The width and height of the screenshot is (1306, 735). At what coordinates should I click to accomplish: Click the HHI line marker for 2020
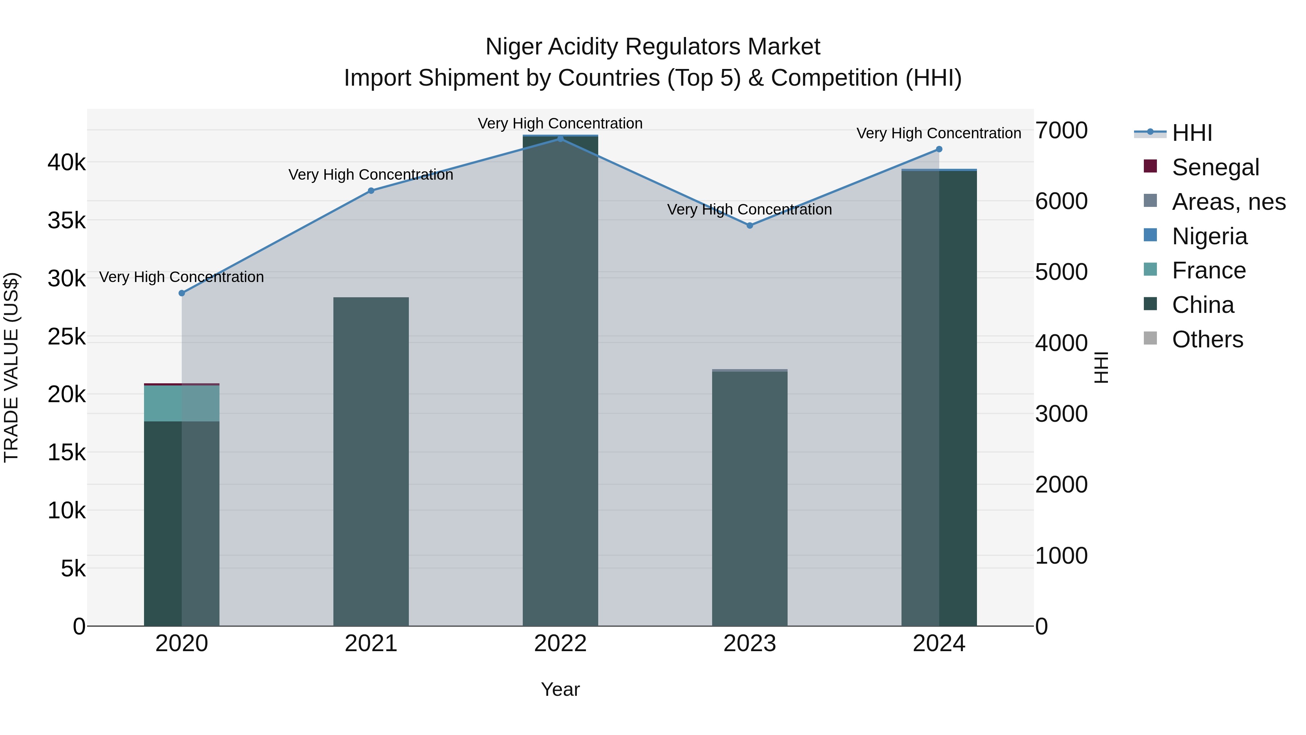point(181,293)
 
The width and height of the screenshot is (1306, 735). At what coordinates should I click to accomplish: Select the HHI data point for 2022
point(560,139)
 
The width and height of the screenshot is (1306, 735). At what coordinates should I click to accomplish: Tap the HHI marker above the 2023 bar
point(750,225)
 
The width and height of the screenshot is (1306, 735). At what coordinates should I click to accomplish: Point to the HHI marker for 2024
point(939,149)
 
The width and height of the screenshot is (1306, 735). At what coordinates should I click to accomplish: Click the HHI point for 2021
point(371,191)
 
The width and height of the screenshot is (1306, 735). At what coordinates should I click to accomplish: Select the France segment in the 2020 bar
point(181,403)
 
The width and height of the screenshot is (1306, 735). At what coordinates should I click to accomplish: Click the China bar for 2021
point(371,462)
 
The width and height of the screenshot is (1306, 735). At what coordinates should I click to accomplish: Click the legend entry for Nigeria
point(1209,236)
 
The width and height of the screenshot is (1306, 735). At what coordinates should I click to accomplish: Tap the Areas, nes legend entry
point(1228,201)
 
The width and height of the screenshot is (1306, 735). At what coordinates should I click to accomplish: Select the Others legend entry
point(1207,339)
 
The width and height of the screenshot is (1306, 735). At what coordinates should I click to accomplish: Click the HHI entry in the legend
point(1191,132)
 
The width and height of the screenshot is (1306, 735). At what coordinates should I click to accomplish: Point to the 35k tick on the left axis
point(66,221)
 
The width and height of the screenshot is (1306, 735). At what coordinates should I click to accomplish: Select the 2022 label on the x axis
point(560,644)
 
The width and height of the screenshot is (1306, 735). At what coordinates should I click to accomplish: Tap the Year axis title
point(560,689)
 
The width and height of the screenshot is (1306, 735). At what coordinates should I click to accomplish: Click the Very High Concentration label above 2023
point(749,209)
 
